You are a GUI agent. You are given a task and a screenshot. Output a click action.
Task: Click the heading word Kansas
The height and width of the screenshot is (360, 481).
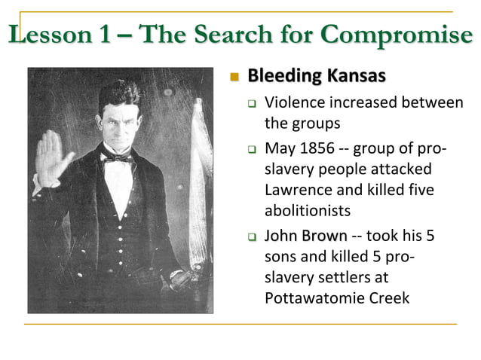click(x=359, y=76)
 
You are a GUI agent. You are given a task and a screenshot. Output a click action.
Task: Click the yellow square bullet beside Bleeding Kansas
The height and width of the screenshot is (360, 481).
click(x=234, y=78)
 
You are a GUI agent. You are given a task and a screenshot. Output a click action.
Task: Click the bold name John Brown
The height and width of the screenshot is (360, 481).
click(x=306, y=236)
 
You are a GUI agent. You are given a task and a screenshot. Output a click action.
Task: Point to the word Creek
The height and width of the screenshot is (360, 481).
click(x=386, y=298)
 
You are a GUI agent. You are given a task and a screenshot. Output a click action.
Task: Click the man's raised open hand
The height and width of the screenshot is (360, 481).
click(x=53, y=157)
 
